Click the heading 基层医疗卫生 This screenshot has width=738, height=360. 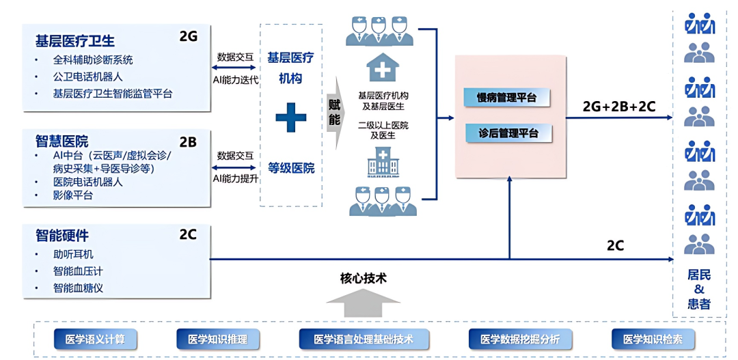point(75,42)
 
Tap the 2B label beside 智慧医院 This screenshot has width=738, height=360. point(188,142)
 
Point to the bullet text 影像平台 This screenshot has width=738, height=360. point(73,195)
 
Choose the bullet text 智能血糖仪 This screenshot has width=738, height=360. point(78,288)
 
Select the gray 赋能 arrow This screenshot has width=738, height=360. point(335,114)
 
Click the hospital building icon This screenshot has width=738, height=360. point(383,161)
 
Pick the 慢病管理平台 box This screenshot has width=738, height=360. point(507,98)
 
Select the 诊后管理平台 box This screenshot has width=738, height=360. point(507,133)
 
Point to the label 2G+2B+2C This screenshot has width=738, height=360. point(619,107)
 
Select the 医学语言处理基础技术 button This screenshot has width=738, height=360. point(364,339)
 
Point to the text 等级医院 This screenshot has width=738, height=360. point(291,169)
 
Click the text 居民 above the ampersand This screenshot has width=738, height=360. point(699,275)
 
